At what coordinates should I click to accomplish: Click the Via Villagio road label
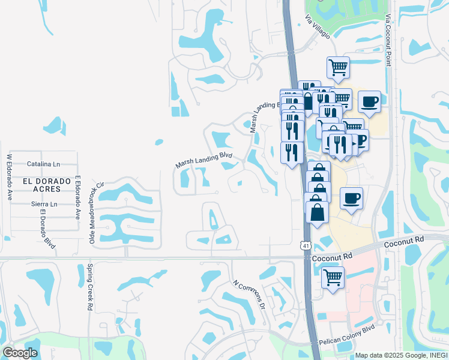[318, 27]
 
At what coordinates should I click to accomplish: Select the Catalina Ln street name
[44, 164]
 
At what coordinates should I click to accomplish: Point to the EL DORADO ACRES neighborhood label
[42, 185]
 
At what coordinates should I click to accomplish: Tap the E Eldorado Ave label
[78, 197]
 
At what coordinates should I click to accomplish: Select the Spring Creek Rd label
[89, 287]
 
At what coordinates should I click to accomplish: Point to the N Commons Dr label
[249, 294]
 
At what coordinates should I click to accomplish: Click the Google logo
[20, 352]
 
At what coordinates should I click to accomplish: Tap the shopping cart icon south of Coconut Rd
[333, 277]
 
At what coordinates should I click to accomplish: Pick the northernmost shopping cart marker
[339, 67]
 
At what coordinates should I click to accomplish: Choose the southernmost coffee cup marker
[351, 197]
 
